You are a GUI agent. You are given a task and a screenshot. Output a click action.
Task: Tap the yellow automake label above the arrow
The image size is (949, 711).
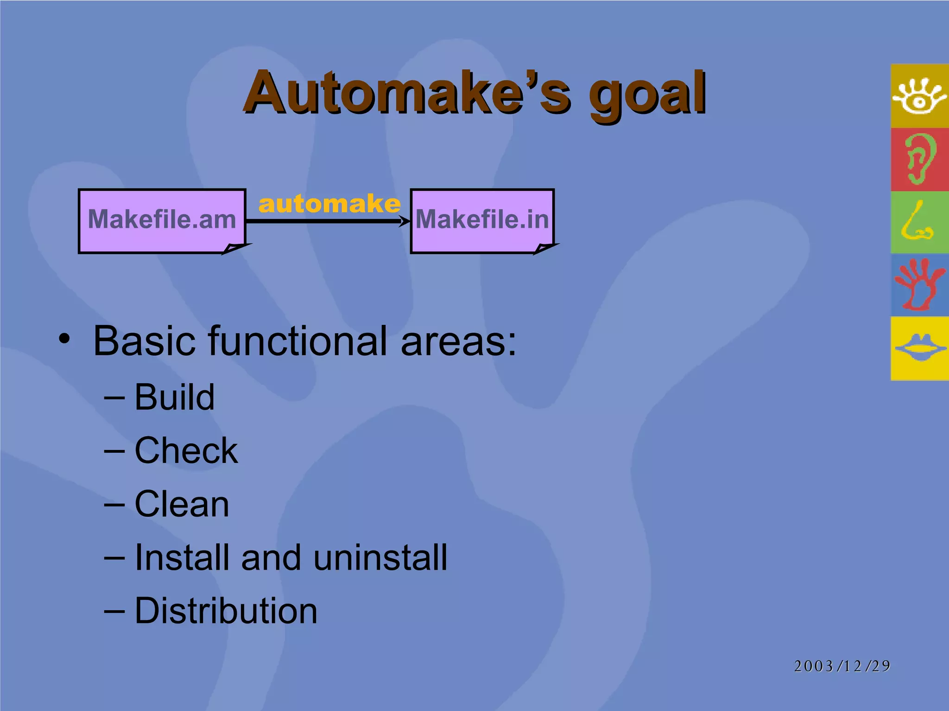point(329,204)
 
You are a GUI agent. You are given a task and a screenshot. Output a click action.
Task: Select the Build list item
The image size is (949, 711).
point(174,397)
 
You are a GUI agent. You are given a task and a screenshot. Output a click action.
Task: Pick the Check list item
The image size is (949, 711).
point(186,450)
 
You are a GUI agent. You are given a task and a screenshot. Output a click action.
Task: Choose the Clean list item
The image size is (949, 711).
point(182,504)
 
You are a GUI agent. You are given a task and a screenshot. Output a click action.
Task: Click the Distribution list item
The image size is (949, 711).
point(226,611)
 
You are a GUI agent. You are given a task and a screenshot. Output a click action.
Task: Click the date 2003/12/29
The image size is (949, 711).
point(842,666)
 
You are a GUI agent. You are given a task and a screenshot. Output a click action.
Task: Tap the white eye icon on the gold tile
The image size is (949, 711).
point(920,96)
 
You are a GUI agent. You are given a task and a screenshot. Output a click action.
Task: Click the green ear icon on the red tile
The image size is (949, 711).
point(920,159)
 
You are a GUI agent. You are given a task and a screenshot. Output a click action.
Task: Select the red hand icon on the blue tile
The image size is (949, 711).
point(920,285)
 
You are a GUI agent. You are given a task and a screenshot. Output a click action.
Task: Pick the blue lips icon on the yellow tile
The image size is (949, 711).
point(920,348)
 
